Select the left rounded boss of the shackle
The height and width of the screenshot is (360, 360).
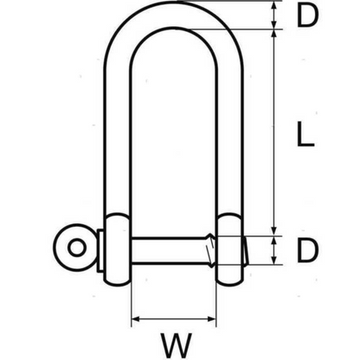[x=119, y=246]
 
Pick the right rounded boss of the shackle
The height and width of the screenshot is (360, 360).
[x=230, y=246]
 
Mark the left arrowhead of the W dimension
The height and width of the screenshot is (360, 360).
[x=135, y=319]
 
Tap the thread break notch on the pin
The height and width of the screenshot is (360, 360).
[x=209, y=249]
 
